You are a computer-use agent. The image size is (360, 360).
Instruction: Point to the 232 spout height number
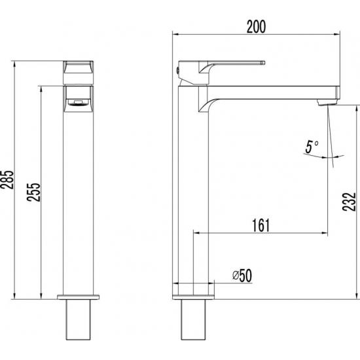(x=351, y=196)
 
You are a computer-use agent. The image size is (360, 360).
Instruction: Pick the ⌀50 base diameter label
(x=242, y=276)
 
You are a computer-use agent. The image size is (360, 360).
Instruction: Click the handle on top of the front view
(x=79, y=69)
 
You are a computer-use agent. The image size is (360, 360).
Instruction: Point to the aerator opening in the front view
(x=79, y=101)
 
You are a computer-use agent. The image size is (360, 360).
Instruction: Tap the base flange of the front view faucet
(x=79, y=296)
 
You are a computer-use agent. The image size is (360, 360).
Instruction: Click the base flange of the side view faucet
(x=194, y=296)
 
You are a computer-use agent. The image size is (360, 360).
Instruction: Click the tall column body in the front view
(x=79, y=196)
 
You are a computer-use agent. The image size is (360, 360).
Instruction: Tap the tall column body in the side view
(x=194, y=196)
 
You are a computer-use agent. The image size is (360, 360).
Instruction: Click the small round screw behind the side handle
(x=177, y=68)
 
